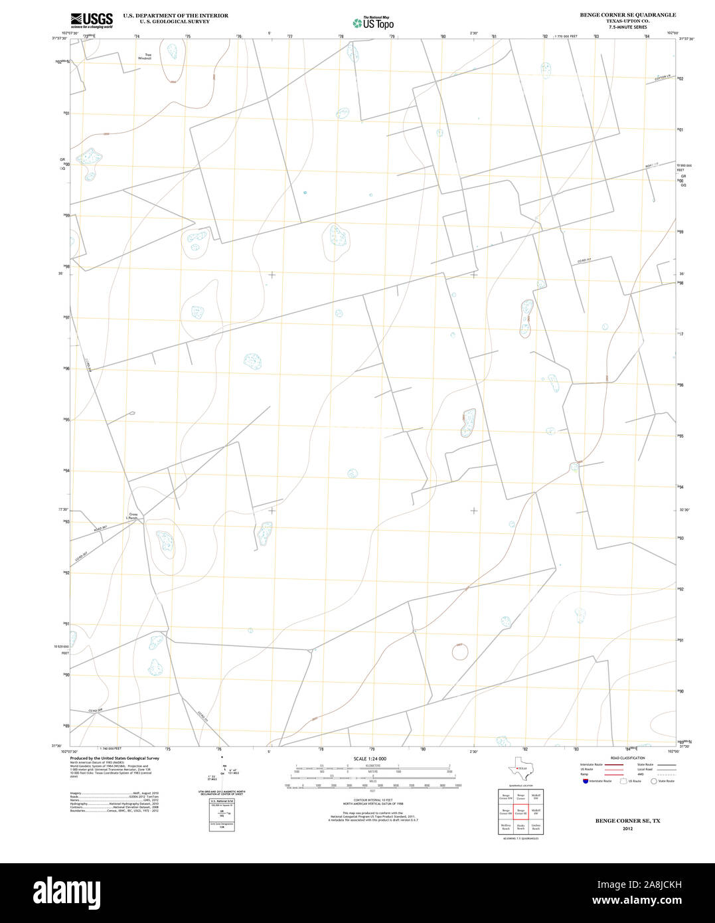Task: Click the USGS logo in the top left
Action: (x=91, y=20)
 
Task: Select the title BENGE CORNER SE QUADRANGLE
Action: (x=627, y=15)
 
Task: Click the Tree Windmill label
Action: (x=145, y=56)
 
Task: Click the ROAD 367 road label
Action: (x=100, y=528)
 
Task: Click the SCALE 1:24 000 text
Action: (x=370, y=758)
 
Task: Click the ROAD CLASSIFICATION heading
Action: (x=627, y=758)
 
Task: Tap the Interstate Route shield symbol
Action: (x=584, y=781)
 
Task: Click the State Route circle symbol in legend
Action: (x=653, y=781)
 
